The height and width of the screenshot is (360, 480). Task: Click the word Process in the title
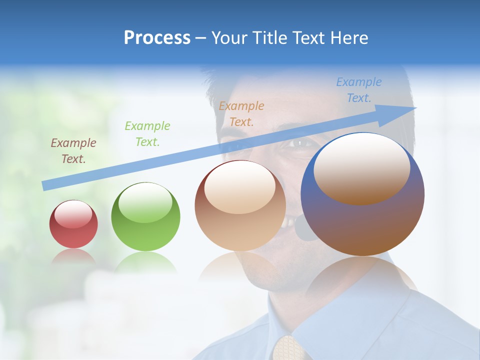click(157, 38)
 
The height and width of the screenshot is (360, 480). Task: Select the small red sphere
click(73, 224)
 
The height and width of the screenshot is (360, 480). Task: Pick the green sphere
click(145, 216)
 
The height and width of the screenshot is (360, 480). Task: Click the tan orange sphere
click(240, 205)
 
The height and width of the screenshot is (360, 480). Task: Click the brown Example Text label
click(73, 150)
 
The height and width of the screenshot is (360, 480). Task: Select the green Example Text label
click(147, 133)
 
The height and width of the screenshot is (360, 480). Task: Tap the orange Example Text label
click(241, 113)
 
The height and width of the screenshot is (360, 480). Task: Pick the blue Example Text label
click(359, 89)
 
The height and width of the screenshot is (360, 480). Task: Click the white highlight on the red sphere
click(73, 215)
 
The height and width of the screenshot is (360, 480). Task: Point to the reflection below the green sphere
click(145, 262)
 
